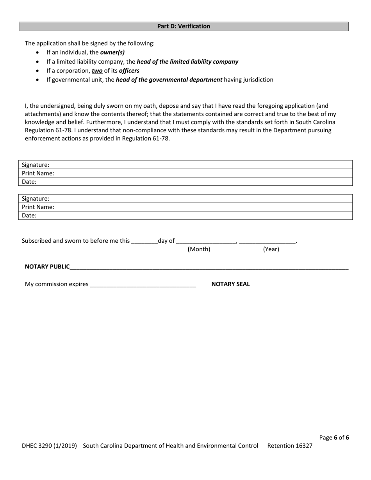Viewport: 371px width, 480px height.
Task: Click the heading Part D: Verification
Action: [184, 26]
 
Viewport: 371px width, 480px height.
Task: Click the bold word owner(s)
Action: [112, 52]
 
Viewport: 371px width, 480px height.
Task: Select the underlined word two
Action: [97, 71]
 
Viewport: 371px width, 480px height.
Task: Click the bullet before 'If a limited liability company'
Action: [37, 62]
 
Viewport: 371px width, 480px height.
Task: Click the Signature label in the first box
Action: [36, 165]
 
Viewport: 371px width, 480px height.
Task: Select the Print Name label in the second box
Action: [38, 207]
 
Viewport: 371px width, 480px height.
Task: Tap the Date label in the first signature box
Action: [29, 181]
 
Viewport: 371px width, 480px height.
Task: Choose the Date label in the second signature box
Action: [29, 215]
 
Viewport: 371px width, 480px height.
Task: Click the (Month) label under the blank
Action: [199, 249]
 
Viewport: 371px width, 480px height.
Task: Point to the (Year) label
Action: [271, 249]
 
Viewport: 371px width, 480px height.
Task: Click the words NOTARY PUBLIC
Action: [47, 267]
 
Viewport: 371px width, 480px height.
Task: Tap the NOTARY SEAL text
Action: [230, 284]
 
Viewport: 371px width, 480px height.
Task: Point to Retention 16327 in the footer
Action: [290, 446]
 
